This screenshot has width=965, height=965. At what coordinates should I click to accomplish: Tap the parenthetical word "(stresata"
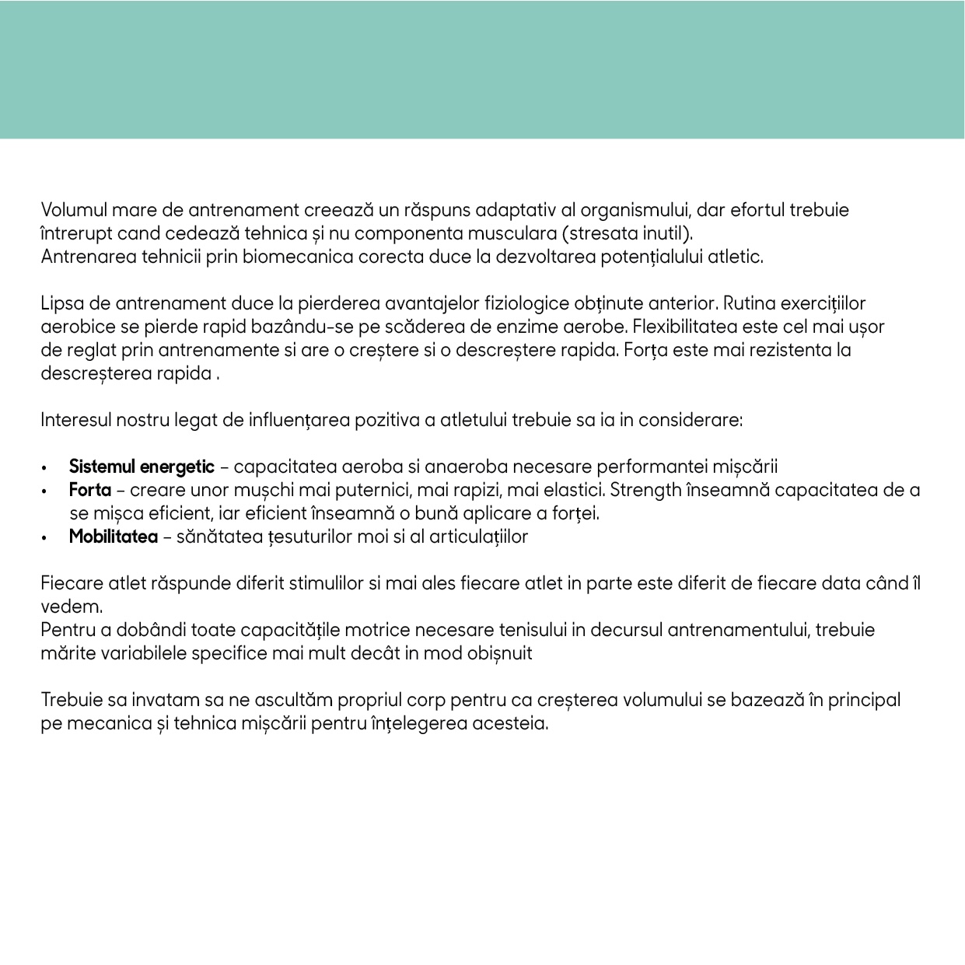click(x=600, y=233)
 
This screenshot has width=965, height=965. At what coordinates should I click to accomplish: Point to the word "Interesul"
click(x=76, y=420)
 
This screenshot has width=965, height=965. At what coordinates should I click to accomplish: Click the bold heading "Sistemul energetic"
click(x=142, y=467)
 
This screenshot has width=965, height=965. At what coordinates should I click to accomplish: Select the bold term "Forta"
click(x=90, y=490)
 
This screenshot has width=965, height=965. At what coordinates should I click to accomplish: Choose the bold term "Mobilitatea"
click(x=114, y=537)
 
